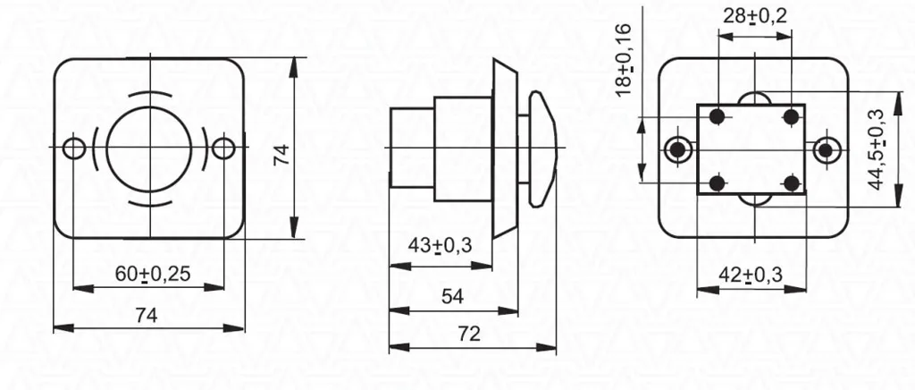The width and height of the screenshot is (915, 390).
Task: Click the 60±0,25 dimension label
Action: click(153, 274)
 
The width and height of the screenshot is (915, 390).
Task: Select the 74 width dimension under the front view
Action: click(147, 316)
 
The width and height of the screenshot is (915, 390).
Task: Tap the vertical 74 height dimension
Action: click(281, 156)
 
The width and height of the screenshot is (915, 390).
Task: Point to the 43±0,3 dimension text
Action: click(440, 246)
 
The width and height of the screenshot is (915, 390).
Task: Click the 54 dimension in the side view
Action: click(452, 297)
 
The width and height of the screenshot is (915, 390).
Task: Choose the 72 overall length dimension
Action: click(468, 334)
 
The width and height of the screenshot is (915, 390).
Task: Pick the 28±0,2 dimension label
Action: click(754, 16)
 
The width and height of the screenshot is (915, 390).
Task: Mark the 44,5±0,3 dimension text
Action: click(876, 149)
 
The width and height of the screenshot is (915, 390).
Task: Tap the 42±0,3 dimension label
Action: click(750, 274)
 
